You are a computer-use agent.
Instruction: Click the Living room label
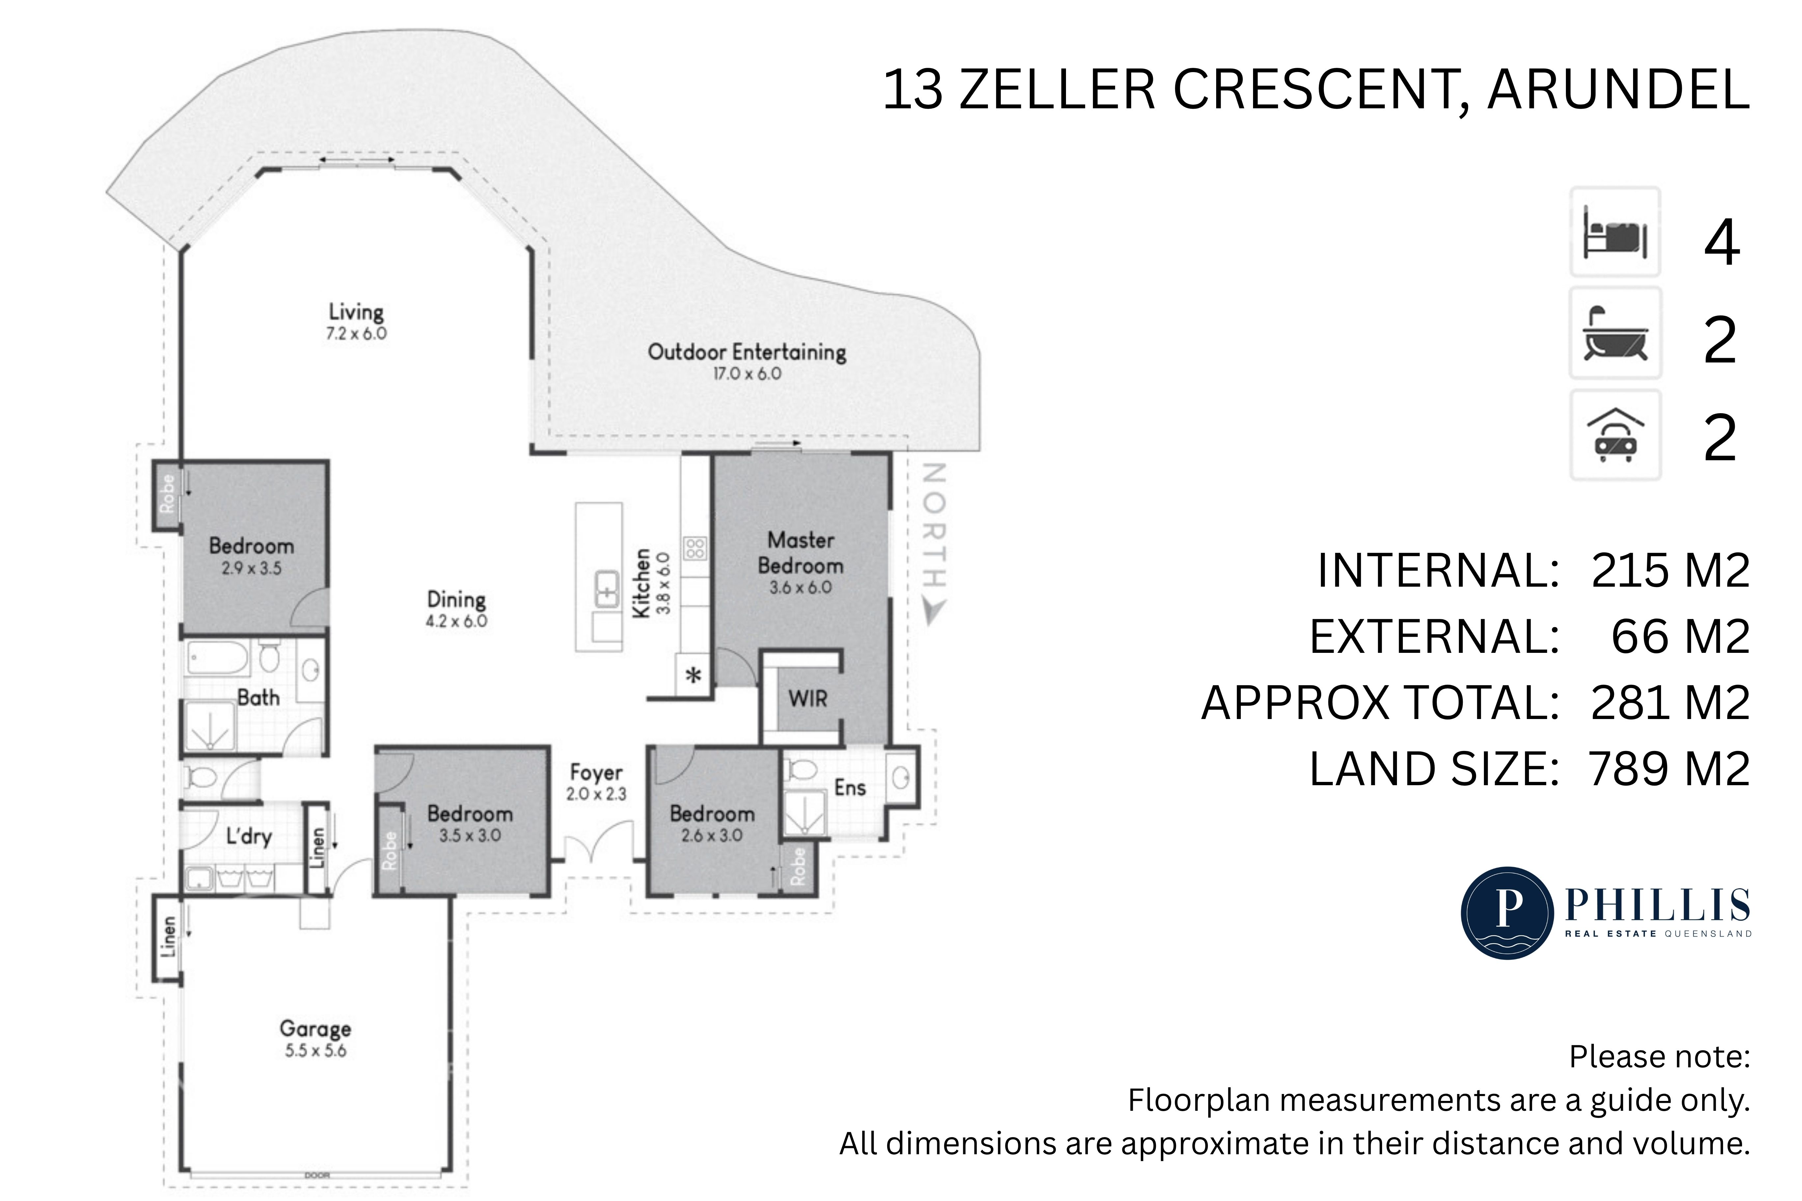[356, 312]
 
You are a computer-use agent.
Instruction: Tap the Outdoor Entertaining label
[747, 352]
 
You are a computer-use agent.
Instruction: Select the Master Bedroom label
[801, 553]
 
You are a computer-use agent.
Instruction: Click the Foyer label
[596, 773]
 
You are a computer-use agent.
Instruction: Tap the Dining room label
[457, 600]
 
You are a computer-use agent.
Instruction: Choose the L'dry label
[249, 837]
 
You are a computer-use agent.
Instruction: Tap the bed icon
[1615, 232]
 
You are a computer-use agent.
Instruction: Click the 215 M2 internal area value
[1670, 571]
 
